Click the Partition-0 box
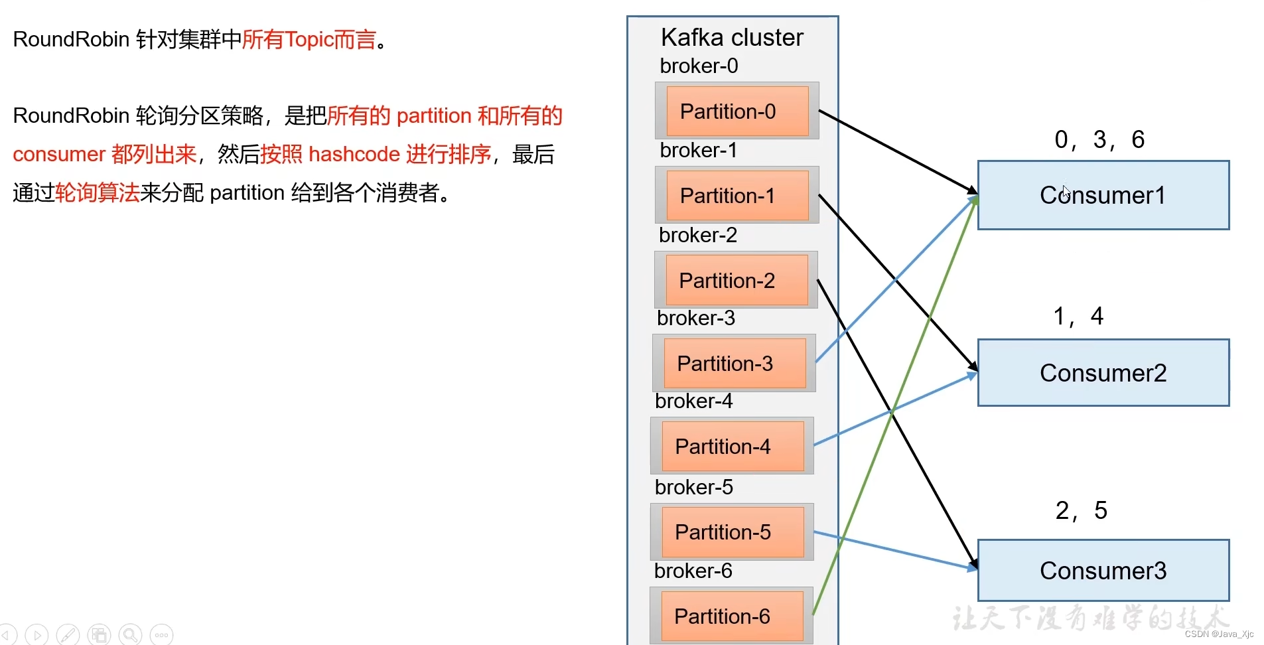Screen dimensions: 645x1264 tap(737, 111)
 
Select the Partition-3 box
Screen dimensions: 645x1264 tap(734, 363)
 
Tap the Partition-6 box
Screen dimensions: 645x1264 tap(731, 616)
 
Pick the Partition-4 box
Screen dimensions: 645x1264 tap(732, 446)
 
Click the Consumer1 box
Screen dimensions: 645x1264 tap(1103, 195)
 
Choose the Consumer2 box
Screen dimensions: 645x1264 tap(1103, 373)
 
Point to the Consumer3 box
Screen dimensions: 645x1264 tap(1103, 571)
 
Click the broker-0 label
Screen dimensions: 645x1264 tap(699, 66)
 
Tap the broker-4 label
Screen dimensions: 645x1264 tap(693, 401)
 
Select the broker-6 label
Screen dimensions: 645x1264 tap(693, 571)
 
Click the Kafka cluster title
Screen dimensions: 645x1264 tap(732, 38)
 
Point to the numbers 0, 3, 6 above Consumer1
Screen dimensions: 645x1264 tap(1099, 139)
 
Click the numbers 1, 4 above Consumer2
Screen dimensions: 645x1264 tap(1078, 316)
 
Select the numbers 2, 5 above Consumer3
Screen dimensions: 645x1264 tap(1081, 510)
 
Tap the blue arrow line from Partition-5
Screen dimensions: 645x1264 tap(896, 550)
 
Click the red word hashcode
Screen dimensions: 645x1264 tap(354, 155)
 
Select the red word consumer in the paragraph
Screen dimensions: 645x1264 tap(59, 155)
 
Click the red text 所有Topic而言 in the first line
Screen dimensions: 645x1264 tap(309, 40)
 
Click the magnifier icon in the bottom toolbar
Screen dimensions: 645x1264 tap(131, 635)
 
